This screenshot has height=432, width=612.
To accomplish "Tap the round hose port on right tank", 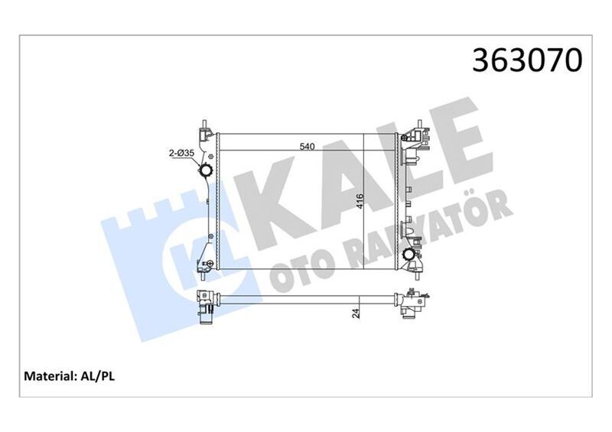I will point(412,255).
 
